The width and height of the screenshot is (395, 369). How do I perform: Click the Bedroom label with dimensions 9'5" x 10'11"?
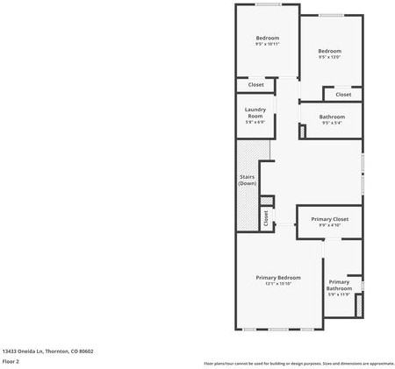pos(268,38)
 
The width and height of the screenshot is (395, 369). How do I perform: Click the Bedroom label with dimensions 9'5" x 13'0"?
pos(329,52)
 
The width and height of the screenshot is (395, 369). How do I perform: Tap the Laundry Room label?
pos(255,112)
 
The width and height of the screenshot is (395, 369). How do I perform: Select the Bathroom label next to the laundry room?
pos(332,117)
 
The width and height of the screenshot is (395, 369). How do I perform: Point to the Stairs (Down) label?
pos(248,180)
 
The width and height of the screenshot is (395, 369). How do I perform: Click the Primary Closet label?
pos(329,218)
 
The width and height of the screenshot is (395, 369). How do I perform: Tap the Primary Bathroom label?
pos(339,285)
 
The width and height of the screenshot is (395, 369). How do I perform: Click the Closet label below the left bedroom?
pos(255,85)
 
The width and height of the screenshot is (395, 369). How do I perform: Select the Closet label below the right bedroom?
pos(343,94)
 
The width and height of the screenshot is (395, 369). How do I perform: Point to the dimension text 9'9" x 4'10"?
pos(329,224)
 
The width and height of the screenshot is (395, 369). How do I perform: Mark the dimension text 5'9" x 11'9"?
pos(339,294)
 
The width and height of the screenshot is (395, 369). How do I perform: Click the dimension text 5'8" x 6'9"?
pos(255,122)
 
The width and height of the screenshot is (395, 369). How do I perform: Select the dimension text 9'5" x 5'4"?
pos(332,123)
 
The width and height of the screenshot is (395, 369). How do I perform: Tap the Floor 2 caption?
pos(12,361)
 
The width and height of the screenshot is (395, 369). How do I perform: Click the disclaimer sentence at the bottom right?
pos(298,363)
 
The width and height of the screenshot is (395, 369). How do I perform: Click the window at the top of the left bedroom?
pos(268,6)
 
